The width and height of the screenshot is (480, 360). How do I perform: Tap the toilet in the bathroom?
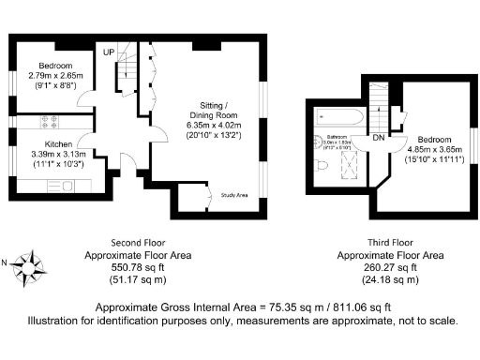(321, 166)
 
